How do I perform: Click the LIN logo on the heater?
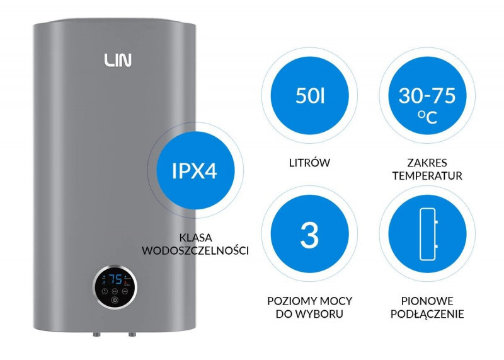pyautogui.click(x=118, y=60)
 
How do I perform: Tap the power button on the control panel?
pyautogui.click(x=115, y=301)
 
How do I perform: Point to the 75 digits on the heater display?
pyautogui.click(x=116, y=279)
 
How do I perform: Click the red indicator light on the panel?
pyautogui.click(x=125, y=281)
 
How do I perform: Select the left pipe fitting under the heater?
pyautogui.click(x=96, y=335)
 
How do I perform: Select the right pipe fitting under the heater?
pyautogui.click(x=132, y=335)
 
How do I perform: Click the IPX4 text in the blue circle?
pyautogui.click(x=195, y=170)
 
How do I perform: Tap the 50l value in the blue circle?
pyautogui.click(x=310, y=96)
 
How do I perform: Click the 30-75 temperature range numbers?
pyautogui.click(x=427, y=96)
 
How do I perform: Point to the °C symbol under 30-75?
pyautogui.click(x=427, y=117)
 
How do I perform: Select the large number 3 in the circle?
pyautogui.click(x=309, y=235)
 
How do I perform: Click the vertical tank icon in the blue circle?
pyautogui.click(x=428, y=234)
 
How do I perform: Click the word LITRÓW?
pyautogui.click(x=309, y=163)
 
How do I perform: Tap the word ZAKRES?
pyautogui.click(x=427, y=163)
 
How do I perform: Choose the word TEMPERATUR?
pyautogui.click(x=427, y=176)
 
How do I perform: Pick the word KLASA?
pyautogui.click(x=195, y=238)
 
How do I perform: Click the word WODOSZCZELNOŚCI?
pyautogui.click(x=195, y=250)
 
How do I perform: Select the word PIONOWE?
pyautogui.click(x=427, y=301)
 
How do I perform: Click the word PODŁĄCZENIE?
pyautogui.click(x=427, y=314)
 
